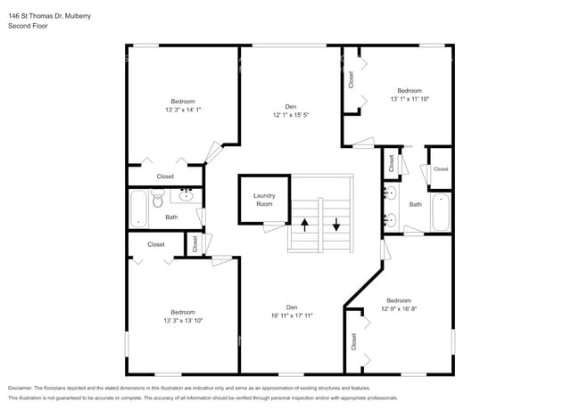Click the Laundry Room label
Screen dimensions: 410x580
(x=264, y=200)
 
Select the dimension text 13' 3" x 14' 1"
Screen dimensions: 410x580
(x=183, y=111)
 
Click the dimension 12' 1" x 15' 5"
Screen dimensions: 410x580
(x=290, y=115)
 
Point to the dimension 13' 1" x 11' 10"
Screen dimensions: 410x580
(x=409, y=100)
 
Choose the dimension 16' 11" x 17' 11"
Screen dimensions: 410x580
(x=290, y=316)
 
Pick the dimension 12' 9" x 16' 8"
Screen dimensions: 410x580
(x=398, y=309)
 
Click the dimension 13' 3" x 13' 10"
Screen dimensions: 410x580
(x=183, y=321)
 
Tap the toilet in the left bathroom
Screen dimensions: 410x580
(x=158, y=201)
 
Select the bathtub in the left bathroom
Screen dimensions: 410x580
(x=139, y=209)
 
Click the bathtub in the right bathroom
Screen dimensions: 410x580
(x=441, y=212)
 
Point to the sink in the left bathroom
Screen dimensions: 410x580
(x=187, y=195)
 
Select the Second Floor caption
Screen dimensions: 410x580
(x=29, y=27)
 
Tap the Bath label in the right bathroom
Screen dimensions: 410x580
(x=415, y=204)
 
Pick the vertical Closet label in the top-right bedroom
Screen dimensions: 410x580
(x=352, y=79)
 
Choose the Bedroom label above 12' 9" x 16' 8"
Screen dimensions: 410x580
(x=398, y=300)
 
